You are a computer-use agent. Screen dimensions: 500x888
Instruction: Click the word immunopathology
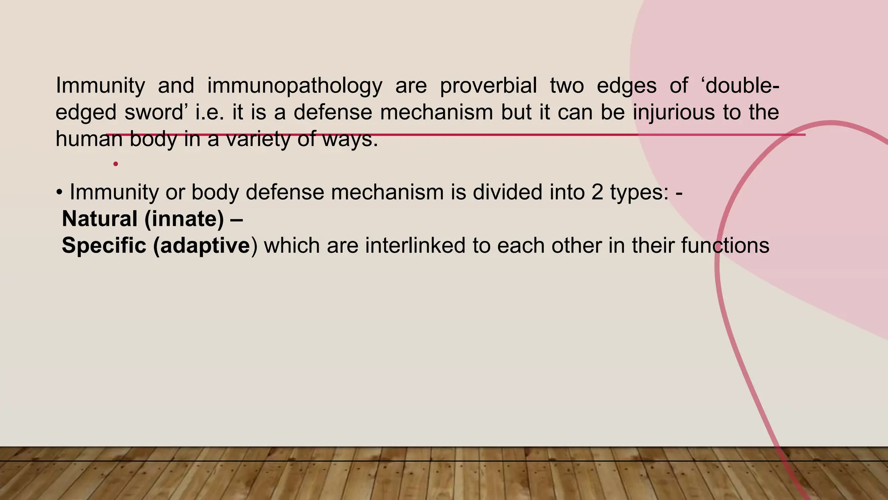294,86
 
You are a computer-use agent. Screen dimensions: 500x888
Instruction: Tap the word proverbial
488,86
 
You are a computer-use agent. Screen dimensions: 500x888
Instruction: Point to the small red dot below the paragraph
115,164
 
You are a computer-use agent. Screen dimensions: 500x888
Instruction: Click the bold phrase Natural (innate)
143,219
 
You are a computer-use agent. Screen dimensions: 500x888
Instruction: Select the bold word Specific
104,246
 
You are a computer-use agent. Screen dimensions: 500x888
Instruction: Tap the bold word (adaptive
202,246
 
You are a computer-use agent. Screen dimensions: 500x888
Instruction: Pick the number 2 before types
597,192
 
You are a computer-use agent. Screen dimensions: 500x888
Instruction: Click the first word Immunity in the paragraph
100,86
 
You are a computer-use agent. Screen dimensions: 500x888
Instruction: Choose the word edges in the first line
627,86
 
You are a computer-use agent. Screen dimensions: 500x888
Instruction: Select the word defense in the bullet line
285,192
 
